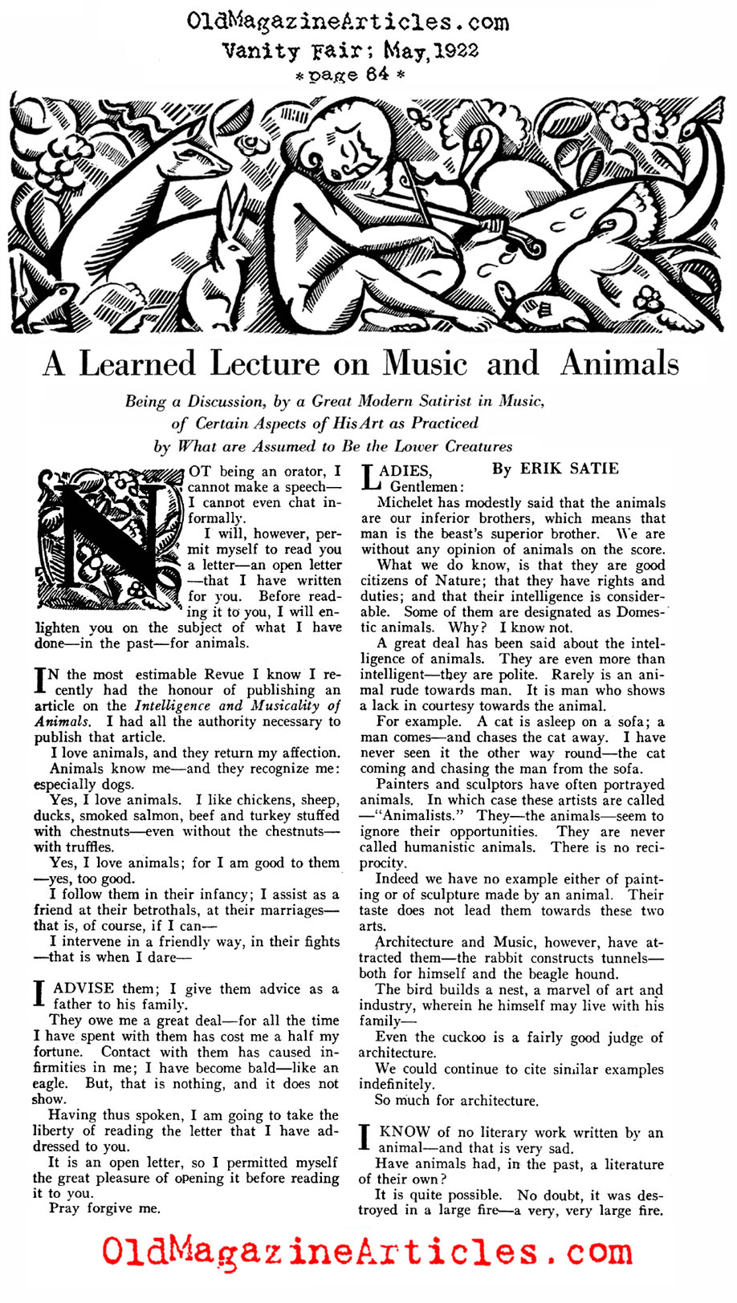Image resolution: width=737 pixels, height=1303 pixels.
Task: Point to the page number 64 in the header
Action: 377,74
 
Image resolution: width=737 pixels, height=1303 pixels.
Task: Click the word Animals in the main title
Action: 619,363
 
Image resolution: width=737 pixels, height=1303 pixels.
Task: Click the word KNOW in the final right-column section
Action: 405,1132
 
